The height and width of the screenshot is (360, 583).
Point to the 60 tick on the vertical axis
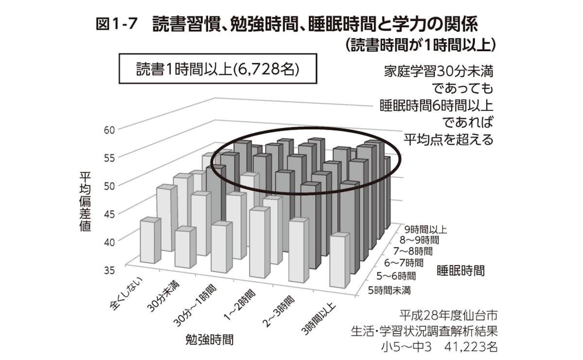(x=109, y=130)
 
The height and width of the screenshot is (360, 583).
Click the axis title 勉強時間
(x=209, y=339)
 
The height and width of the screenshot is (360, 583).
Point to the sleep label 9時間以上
(x=425, y=229)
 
